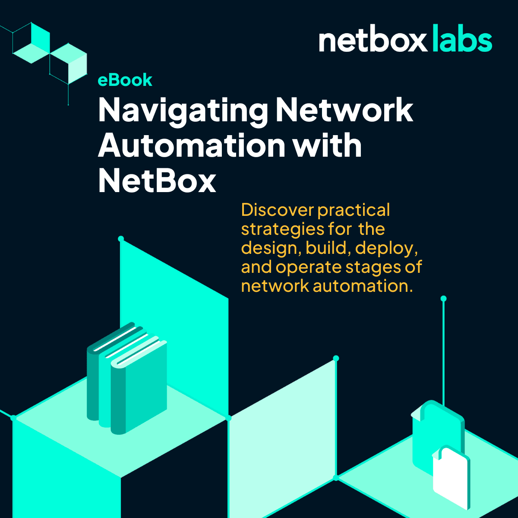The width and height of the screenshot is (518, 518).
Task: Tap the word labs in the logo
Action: click(x=461, y=40)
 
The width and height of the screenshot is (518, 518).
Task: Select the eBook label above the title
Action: click(x=125, y=80)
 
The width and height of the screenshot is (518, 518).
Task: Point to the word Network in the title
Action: click(x=344, y=111)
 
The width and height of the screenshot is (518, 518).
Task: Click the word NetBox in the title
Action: click(x=157, y=181)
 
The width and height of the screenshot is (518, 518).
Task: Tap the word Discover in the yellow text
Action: click(x=277, y=210)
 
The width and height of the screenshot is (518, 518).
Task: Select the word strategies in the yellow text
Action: click(x=282, y=230)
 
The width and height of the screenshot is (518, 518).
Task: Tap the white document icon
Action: click(x=451, y=477)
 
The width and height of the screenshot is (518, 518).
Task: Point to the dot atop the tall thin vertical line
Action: click(x=443, y=298)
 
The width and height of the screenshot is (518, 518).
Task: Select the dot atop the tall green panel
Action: click(x=121, y=239)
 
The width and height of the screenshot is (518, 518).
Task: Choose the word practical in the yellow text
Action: click(x=354, y=210)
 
